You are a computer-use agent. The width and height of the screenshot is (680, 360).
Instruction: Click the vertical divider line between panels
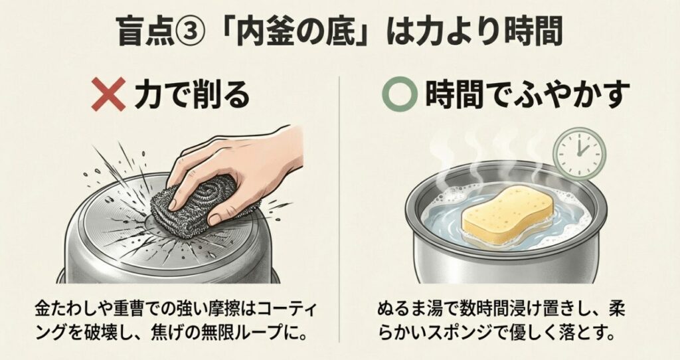[340, 199]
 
